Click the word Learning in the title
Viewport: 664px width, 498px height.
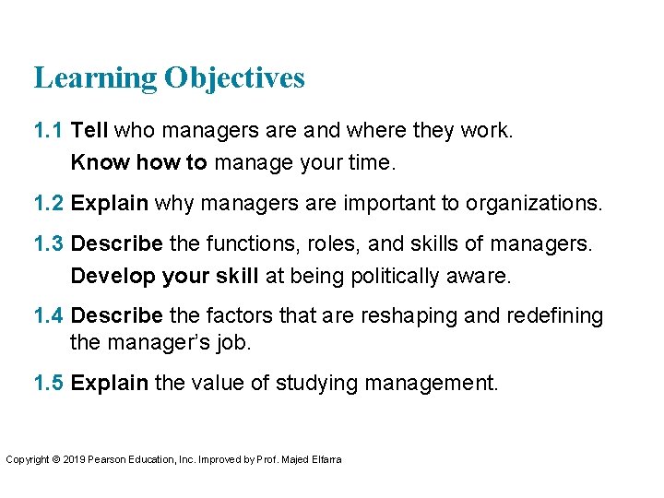96,79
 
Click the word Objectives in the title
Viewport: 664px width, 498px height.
234,79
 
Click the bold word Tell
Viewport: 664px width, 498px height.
89,131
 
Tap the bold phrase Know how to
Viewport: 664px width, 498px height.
139,163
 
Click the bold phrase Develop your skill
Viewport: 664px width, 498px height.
166,276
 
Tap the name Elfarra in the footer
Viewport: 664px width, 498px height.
326,459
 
